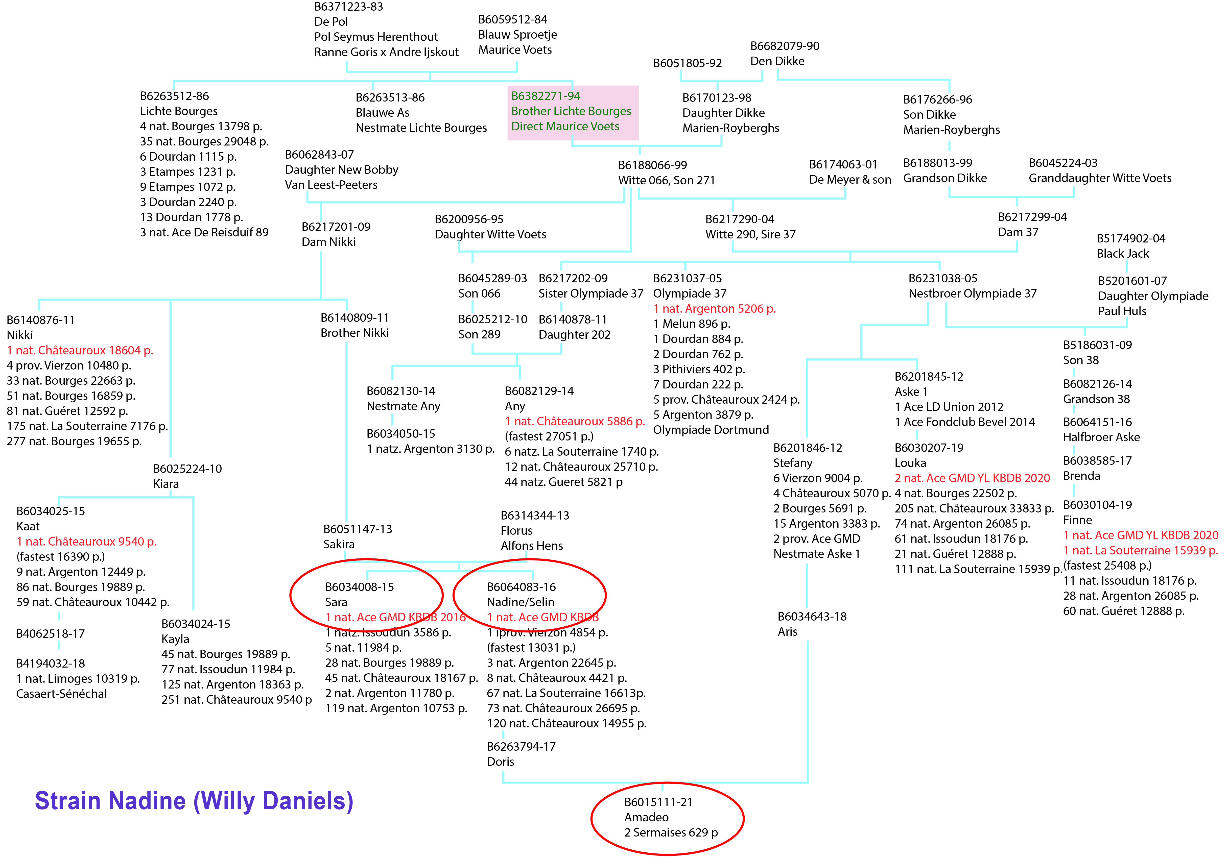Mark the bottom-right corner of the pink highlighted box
pyautogui.click(x=638, y=140)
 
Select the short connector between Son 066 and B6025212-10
pyautogui.click(x=472, y=307)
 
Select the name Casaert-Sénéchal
pyautogui.click(x=62, y=694)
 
